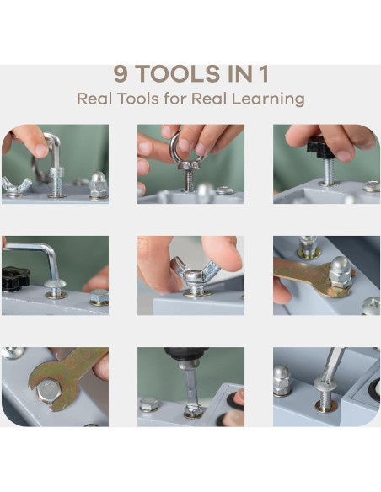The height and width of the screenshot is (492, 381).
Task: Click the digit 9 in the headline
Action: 121,74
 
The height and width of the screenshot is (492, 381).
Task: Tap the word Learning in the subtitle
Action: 268,99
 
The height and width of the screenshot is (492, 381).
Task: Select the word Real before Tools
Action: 94,99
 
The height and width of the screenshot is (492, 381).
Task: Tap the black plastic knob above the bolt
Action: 321,147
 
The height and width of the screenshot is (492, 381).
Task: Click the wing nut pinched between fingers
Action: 195,272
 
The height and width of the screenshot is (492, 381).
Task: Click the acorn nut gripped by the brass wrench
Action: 341,272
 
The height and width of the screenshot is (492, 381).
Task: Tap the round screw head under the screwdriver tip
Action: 327,385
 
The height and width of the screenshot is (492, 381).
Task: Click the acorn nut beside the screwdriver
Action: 282,380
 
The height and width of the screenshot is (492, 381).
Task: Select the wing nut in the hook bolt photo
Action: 15,185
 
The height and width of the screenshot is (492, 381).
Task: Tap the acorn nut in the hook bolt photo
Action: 99,184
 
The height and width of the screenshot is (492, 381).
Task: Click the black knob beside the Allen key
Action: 14,279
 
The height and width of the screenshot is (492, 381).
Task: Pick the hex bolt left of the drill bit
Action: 149,404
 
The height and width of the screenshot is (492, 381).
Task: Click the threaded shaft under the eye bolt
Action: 189,180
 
